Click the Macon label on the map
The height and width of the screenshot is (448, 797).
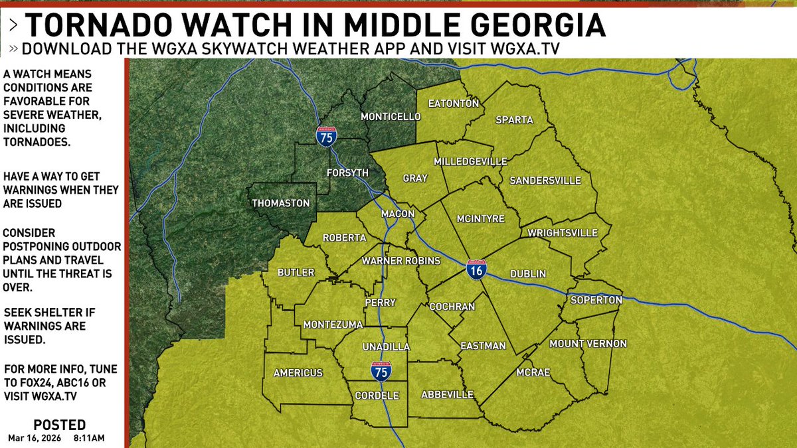point(398,214)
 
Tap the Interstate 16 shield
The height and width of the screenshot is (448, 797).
point(475,269)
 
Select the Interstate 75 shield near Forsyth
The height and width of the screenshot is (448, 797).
point(326,136)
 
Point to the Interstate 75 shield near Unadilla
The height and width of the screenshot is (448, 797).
point(381,371)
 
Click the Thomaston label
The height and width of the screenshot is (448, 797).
point(281,203)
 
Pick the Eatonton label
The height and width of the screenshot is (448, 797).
point(454,104)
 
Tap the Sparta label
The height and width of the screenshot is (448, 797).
point(514,120)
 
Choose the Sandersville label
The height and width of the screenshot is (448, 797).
point(545,181)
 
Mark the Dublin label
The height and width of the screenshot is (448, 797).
point(528,274)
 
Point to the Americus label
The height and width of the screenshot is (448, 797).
point(298,373)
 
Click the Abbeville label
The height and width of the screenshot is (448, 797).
point(448,395)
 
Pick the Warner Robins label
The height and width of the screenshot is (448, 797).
point(400,261)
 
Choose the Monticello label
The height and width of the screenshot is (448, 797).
point(391,117)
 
